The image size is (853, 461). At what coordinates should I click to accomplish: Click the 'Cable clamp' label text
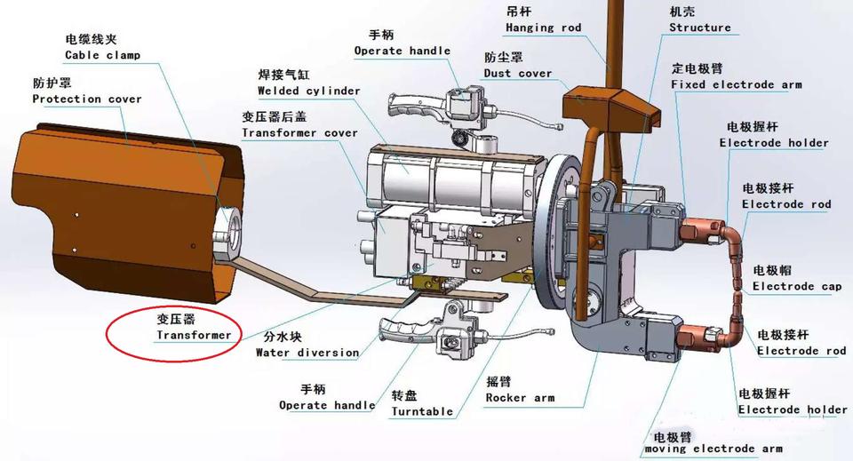[102, 55]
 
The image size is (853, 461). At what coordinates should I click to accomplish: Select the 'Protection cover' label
[87, 99]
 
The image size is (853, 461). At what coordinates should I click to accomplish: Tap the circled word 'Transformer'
[194, 336]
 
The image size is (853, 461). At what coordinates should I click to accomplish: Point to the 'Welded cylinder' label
[308, 91]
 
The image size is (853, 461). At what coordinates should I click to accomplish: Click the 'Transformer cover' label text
[299, 133]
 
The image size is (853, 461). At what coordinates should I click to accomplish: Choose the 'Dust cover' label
[518, 73]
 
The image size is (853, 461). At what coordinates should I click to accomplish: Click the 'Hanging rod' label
[543, 28]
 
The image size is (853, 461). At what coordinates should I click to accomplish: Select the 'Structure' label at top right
[699, 28]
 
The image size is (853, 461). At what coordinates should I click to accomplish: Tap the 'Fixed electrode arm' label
[736, 84]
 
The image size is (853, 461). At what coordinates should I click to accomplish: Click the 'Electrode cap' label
[796, 286]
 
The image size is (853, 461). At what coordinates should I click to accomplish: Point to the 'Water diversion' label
[307, 352]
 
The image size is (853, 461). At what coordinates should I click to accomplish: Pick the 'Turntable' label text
[422, 411]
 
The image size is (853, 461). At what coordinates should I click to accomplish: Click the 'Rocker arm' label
[520, 398]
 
